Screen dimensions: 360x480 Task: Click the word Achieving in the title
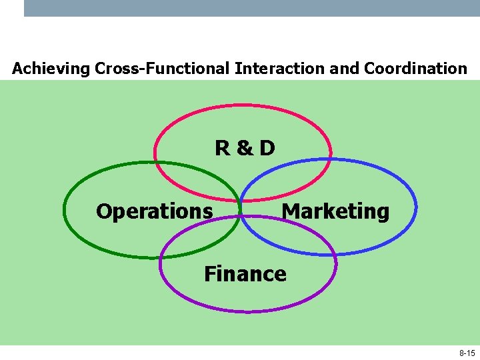[x=51, y=69]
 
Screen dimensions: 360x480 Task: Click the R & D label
[x=245, y=148]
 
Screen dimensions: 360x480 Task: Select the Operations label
[x=154, y=211]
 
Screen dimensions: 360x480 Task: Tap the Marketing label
[x=335, y=211]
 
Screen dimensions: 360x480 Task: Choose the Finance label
[x=245, y=274]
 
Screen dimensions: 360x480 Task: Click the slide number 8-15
[x=467, y=353]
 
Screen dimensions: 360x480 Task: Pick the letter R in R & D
[x=223, y=148]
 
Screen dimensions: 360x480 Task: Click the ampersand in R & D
[x=245, y=148]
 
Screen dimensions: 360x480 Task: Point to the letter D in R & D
[x=267, y=148]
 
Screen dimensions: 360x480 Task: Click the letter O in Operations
[x=105, y=211]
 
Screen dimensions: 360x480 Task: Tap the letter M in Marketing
[x=291, y=211]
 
